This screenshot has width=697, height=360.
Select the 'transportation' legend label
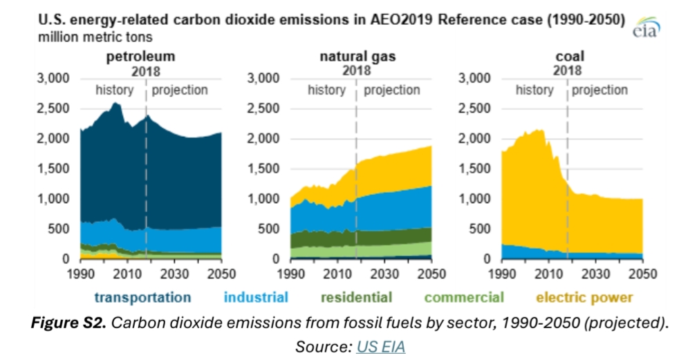[142, 298]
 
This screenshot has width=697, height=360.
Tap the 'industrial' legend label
[256, 298]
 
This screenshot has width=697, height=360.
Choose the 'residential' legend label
[357, 298]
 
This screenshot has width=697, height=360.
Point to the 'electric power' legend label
[584, 298]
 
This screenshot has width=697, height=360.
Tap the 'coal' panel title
[569, 56]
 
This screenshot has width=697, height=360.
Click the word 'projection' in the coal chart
[600, 90]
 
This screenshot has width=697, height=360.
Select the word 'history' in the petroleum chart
[114, 90]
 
